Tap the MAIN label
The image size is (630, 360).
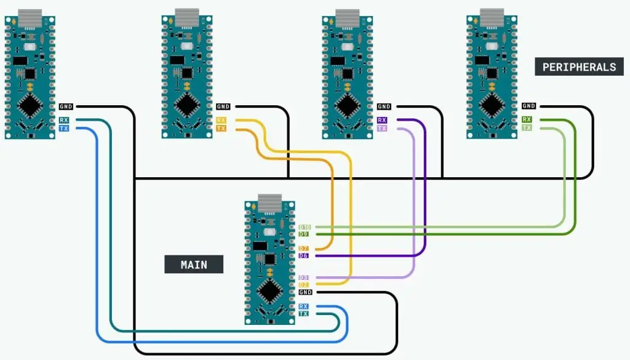click(193, 265)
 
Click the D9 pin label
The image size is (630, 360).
click(303, 234)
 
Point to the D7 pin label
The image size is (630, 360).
click(303, 248)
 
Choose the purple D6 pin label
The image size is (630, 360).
click(303, 255)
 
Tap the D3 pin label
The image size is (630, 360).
click(303, 278)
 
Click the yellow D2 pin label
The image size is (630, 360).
click(303, 285)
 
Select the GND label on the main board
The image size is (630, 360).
click(305, 292)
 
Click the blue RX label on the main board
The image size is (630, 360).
click(303, 306)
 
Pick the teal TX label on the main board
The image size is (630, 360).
click(303, 314)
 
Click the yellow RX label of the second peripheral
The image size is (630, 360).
click(221, 120)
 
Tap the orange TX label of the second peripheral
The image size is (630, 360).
click(221, 129)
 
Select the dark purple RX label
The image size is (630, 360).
click(382, 120)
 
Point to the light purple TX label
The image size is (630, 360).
click(382, 129)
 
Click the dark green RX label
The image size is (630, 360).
click(527, 119)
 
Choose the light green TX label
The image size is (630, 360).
click(527, 127)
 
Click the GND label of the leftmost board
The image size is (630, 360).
click(66, 107)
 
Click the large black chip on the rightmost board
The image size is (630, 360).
click(492, 105)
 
